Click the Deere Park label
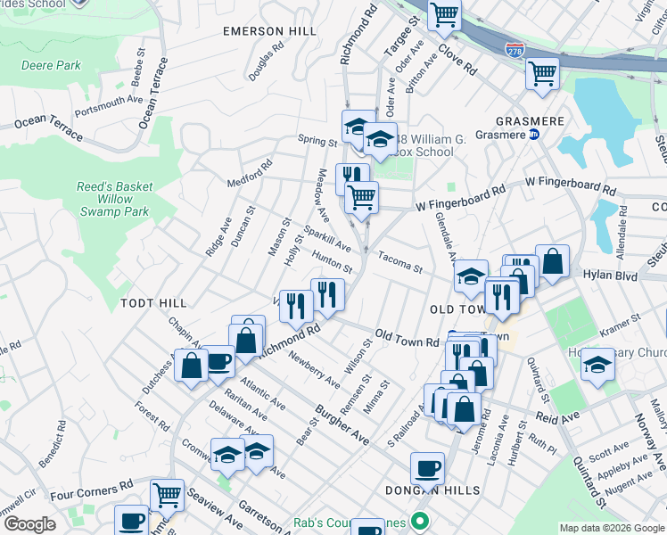(x=50, y=65)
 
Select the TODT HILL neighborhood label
(x=153, y=304)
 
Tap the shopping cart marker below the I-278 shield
(x=541, y=73)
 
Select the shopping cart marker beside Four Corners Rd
(x=167, y=494)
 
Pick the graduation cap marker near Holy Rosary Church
(x=597, y=364)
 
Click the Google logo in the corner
(x=29, y=523)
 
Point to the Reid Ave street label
(x=557, y=417)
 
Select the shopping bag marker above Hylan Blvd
(x=552, y=260)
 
